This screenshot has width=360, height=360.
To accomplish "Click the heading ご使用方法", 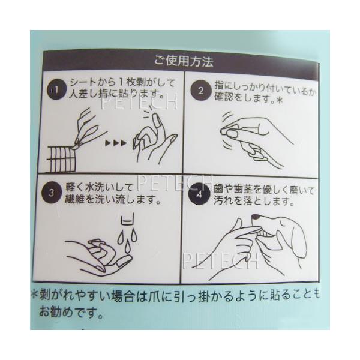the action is pyautogui.click(x=184, y=61).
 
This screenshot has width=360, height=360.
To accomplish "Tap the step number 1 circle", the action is pyautogui.click(x=57, y=89).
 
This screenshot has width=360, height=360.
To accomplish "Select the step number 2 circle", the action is pyautogui.click(x=201, y=91).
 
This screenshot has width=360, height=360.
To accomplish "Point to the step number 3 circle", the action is pyautogui.click(x=52, y=193).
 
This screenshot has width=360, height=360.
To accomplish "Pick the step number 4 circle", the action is pyautogui.click(x=199, y=194).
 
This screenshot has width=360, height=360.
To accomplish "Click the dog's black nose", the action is pyautogui.click(x=256, y=217).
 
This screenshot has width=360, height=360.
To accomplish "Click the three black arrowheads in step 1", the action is pyautogui.click(x=116, y=143).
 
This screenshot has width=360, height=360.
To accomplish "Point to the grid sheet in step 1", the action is pyautogui.click(x=61, y=159).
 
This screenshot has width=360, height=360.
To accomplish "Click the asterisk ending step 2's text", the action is pyautogui.click(x=279, y=100).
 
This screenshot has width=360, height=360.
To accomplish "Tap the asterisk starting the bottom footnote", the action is pyautogui.click(x=34, y=295).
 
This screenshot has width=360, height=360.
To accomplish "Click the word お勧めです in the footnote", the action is pyautogui.click(x=71, y=312).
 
